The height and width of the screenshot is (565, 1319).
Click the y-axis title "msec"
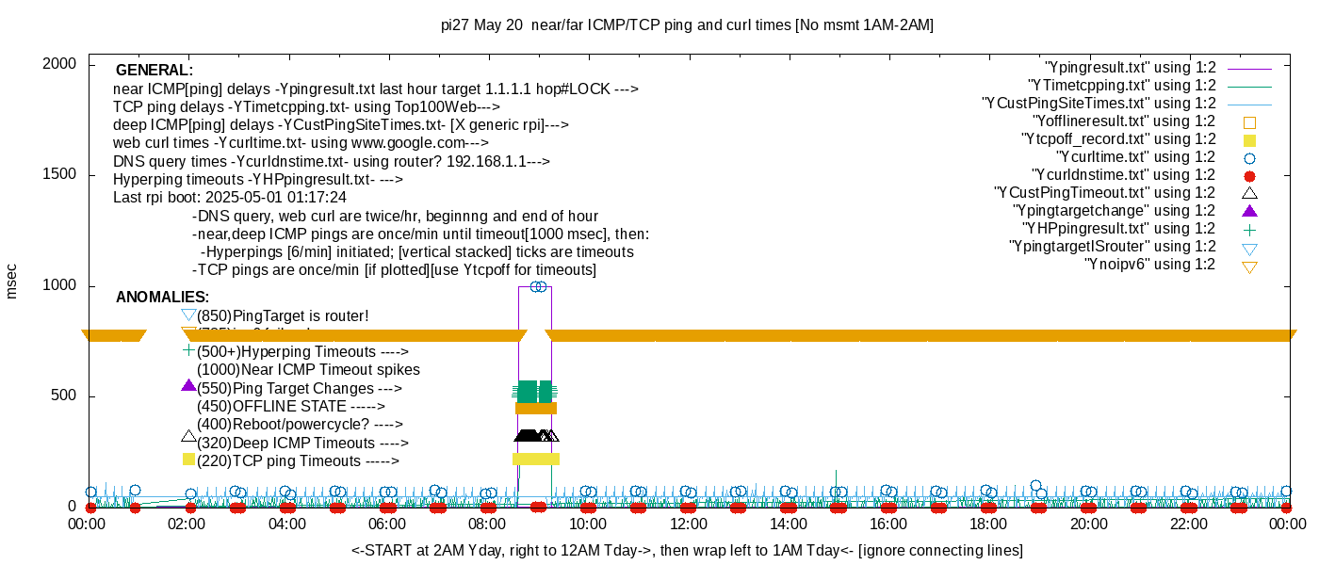(12, 281)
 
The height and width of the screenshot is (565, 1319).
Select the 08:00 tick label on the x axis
(487, 524)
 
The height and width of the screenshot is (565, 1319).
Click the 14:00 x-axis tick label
(788, 524)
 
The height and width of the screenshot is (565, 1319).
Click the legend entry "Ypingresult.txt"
(1131, 68)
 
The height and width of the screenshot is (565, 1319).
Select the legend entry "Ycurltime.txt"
(1136, 157)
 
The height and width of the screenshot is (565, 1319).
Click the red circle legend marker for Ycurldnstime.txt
(1250, 175)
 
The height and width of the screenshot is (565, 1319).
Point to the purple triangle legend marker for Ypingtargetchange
(1250, 210)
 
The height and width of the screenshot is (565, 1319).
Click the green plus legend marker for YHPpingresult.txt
(1250, 229)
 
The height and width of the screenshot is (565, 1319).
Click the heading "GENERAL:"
(155, 71)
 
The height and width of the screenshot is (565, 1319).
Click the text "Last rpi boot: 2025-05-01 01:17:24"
(230, 198)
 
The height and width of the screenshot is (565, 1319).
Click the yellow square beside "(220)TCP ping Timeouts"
(188, 459)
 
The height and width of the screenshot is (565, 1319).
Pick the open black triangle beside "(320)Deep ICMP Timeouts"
(188, 436)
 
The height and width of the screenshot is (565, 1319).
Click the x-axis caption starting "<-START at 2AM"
(687, 550)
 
